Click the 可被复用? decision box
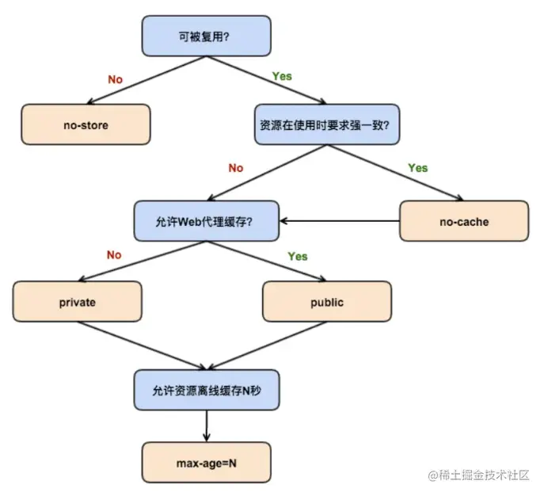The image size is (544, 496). pos(206,36)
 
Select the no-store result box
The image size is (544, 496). pos(86,124)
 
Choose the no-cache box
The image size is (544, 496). pos(463,221)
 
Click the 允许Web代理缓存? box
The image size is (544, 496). pos(206,221)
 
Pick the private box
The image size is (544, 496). pos(77,302)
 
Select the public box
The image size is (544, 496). pos(326,302)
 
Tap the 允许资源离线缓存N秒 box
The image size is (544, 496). pos(206,389)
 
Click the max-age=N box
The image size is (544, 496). pos(206,461)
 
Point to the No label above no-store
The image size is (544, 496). pos(115,80)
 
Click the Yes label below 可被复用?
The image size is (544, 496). pos(282,77)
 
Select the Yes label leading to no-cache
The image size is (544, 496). pos(417,168)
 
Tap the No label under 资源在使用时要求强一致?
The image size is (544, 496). pos(235,168)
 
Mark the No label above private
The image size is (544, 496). pos(114,255)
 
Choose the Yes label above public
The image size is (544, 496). pos(298,257)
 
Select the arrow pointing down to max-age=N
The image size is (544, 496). pos(206,425)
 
